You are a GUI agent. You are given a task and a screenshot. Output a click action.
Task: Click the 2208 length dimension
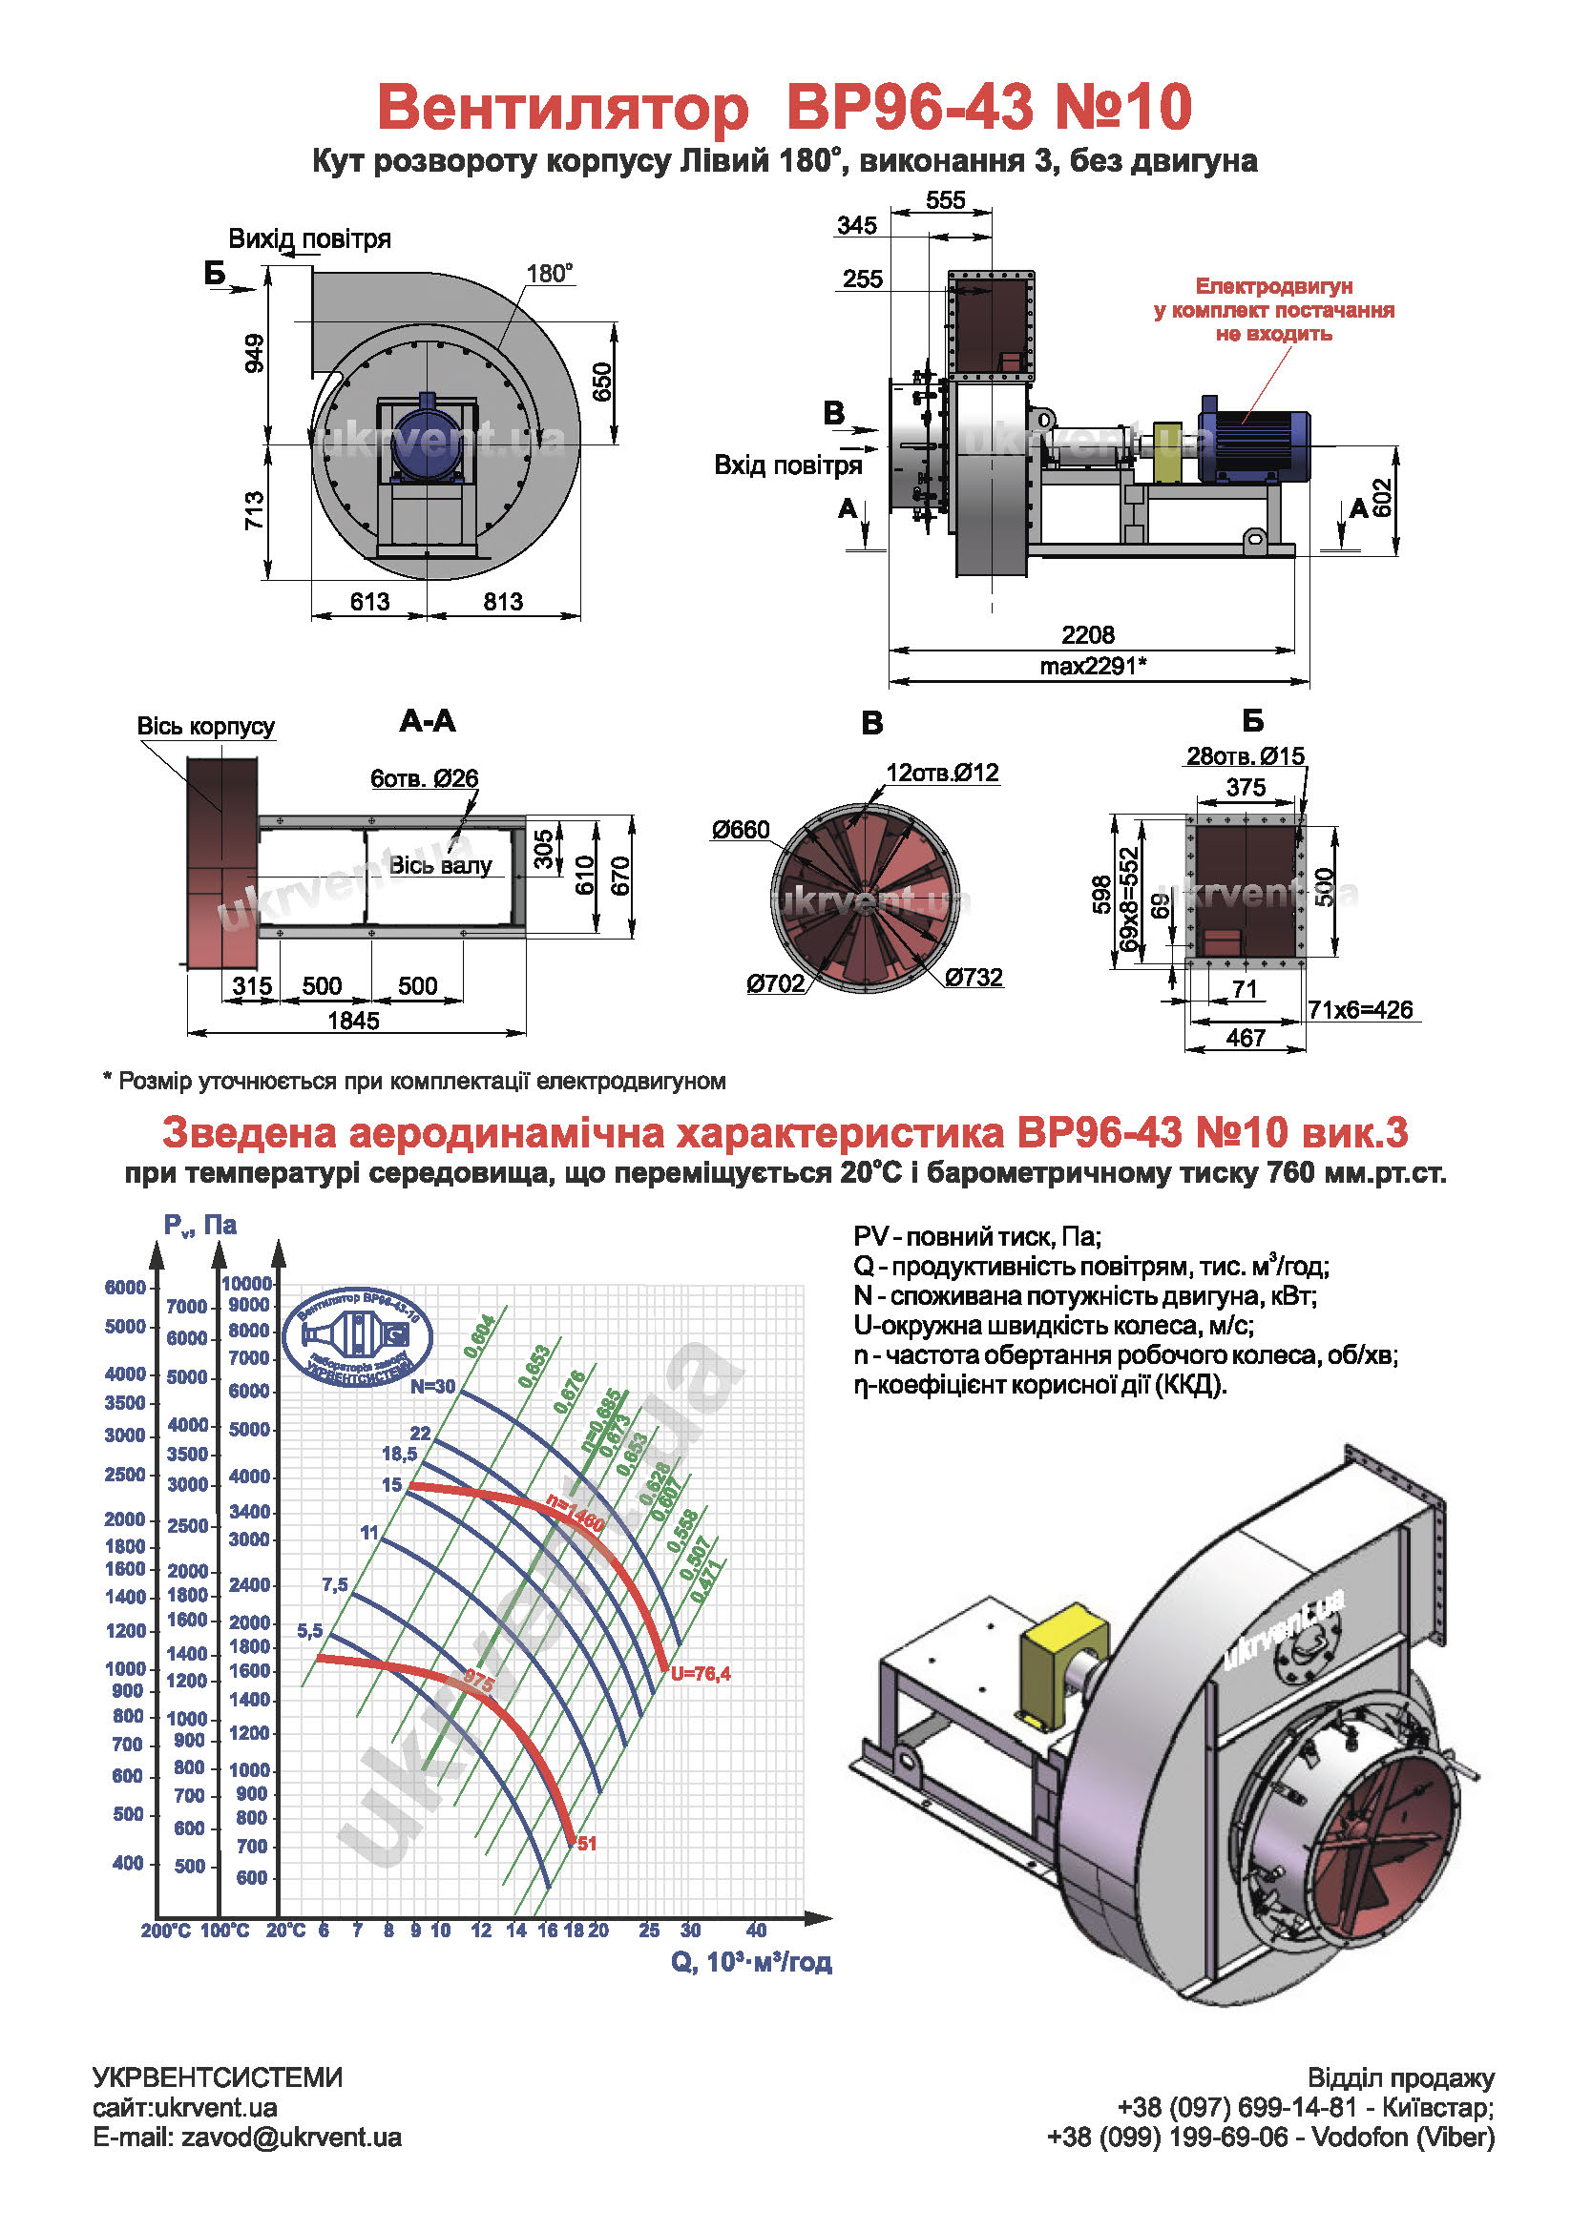[x=1087, y=634]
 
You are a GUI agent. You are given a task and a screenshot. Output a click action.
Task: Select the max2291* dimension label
[x=1093, y=666]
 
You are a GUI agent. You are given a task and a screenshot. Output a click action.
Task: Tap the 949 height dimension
[x=254, y=353]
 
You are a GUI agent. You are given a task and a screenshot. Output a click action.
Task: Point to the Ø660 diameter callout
[x=740, y=830]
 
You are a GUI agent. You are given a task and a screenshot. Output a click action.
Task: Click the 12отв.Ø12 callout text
[x=941, y=773]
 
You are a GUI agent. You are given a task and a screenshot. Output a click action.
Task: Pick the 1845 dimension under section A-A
[x=353, y=1021]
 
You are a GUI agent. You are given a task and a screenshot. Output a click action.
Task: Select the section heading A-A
[x=427, y=721]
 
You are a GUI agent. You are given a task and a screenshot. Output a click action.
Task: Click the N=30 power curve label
[x=431, y=1387]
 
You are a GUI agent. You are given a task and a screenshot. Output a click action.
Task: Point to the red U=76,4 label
[x=700, y=1674]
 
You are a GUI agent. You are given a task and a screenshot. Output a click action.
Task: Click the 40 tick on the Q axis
[x=755, y=1931]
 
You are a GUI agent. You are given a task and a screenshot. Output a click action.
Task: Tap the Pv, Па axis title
[x=199, y=1226]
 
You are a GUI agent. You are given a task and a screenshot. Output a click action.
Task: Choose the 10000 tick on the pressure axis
[x=247, y=1284]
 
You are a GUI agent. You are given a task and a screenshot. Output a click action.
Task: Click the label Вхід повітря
[x=787, y=465]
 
